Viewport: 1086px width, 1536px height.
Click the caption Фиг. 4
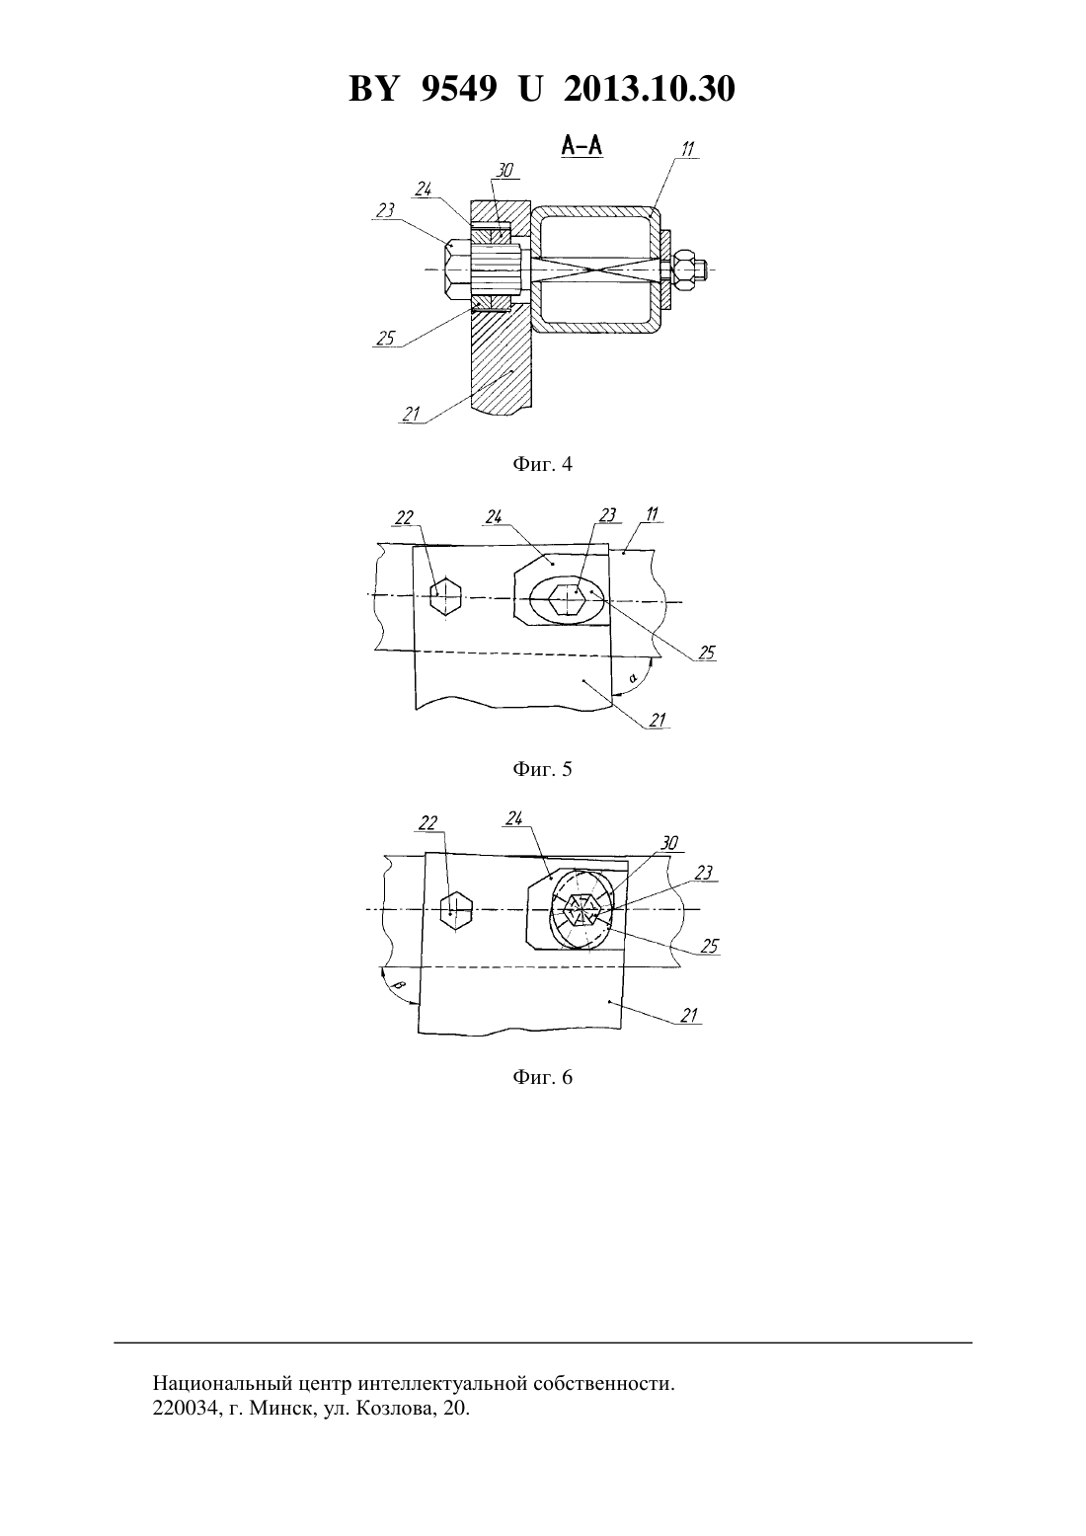(542, 464)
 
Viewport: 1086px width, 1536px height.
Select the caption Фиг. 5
(542, 769)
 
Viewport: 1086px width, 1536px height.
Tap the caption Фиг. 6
(542, 1077)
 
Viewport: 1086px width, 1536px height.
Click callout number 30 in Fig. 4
(504, 170)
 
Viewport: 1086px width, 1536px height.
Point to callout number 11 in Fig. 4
(688, 149)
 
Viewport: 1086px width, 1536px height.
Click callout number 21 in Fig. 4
(412, 414)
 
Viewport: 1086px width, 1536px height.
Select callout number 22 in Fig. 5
(405, 517)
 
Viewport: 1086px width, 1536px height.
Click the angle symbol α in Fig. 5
(633, 678)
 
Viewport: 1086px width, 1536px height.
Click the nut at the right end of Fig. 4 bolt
(685, 269)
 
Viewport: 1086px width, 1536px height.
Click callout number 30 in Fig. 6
(669, 843)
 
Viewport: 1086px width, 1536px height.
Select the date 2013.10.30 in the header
(650, 89)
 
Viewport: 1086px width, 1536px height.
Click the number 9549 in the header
(459, 89)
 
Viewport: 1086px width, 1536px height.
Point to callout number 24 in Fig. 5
(494, 517)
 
